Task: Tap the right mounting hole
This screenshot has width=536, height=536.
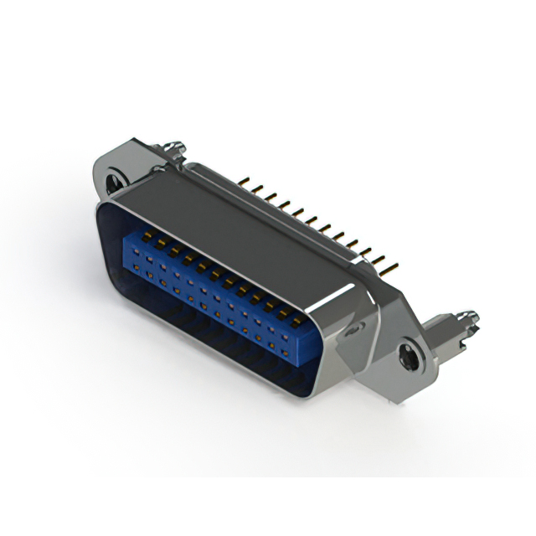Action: coord(408,353)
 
